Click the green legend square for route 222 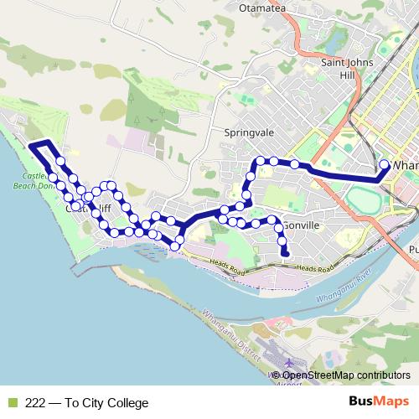point(11,403)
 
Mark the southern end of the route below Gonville point(286,253)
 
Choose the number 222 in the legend point(36,403)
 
